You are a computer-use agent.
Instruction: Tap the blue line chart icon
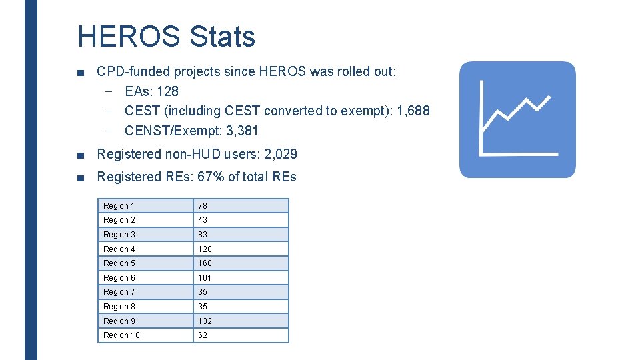click(517, 120)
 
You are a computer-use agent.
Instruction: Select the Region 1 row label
click(119, 206)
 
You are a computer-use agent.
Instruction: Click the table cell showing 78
click(203, 206)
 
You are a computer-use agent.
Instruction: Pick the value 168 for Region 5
click(205, 263)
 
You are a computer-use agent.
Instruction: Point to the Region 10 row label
click(121, 335)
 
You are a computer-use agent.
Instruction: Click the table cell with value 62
click(203, 335)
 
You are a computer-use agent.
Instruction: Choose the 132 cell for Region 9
click(205, 321)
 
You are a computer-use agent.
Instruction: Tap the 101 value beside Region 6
click(205, 278)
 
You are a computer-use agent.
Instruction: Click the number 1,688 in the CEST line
click(413, 111)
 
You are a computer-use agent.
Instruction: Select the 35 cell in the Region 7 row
click(203, 292)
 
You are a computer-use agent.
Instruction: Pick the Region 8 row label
click(119, 307)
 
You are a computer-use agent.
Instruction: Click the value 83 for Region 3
click(203, 235)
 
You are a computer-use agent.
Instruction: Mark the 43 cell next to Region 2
click(203, 220)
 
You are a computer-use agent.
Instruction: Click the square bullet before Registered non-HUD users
click(81, 155)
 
